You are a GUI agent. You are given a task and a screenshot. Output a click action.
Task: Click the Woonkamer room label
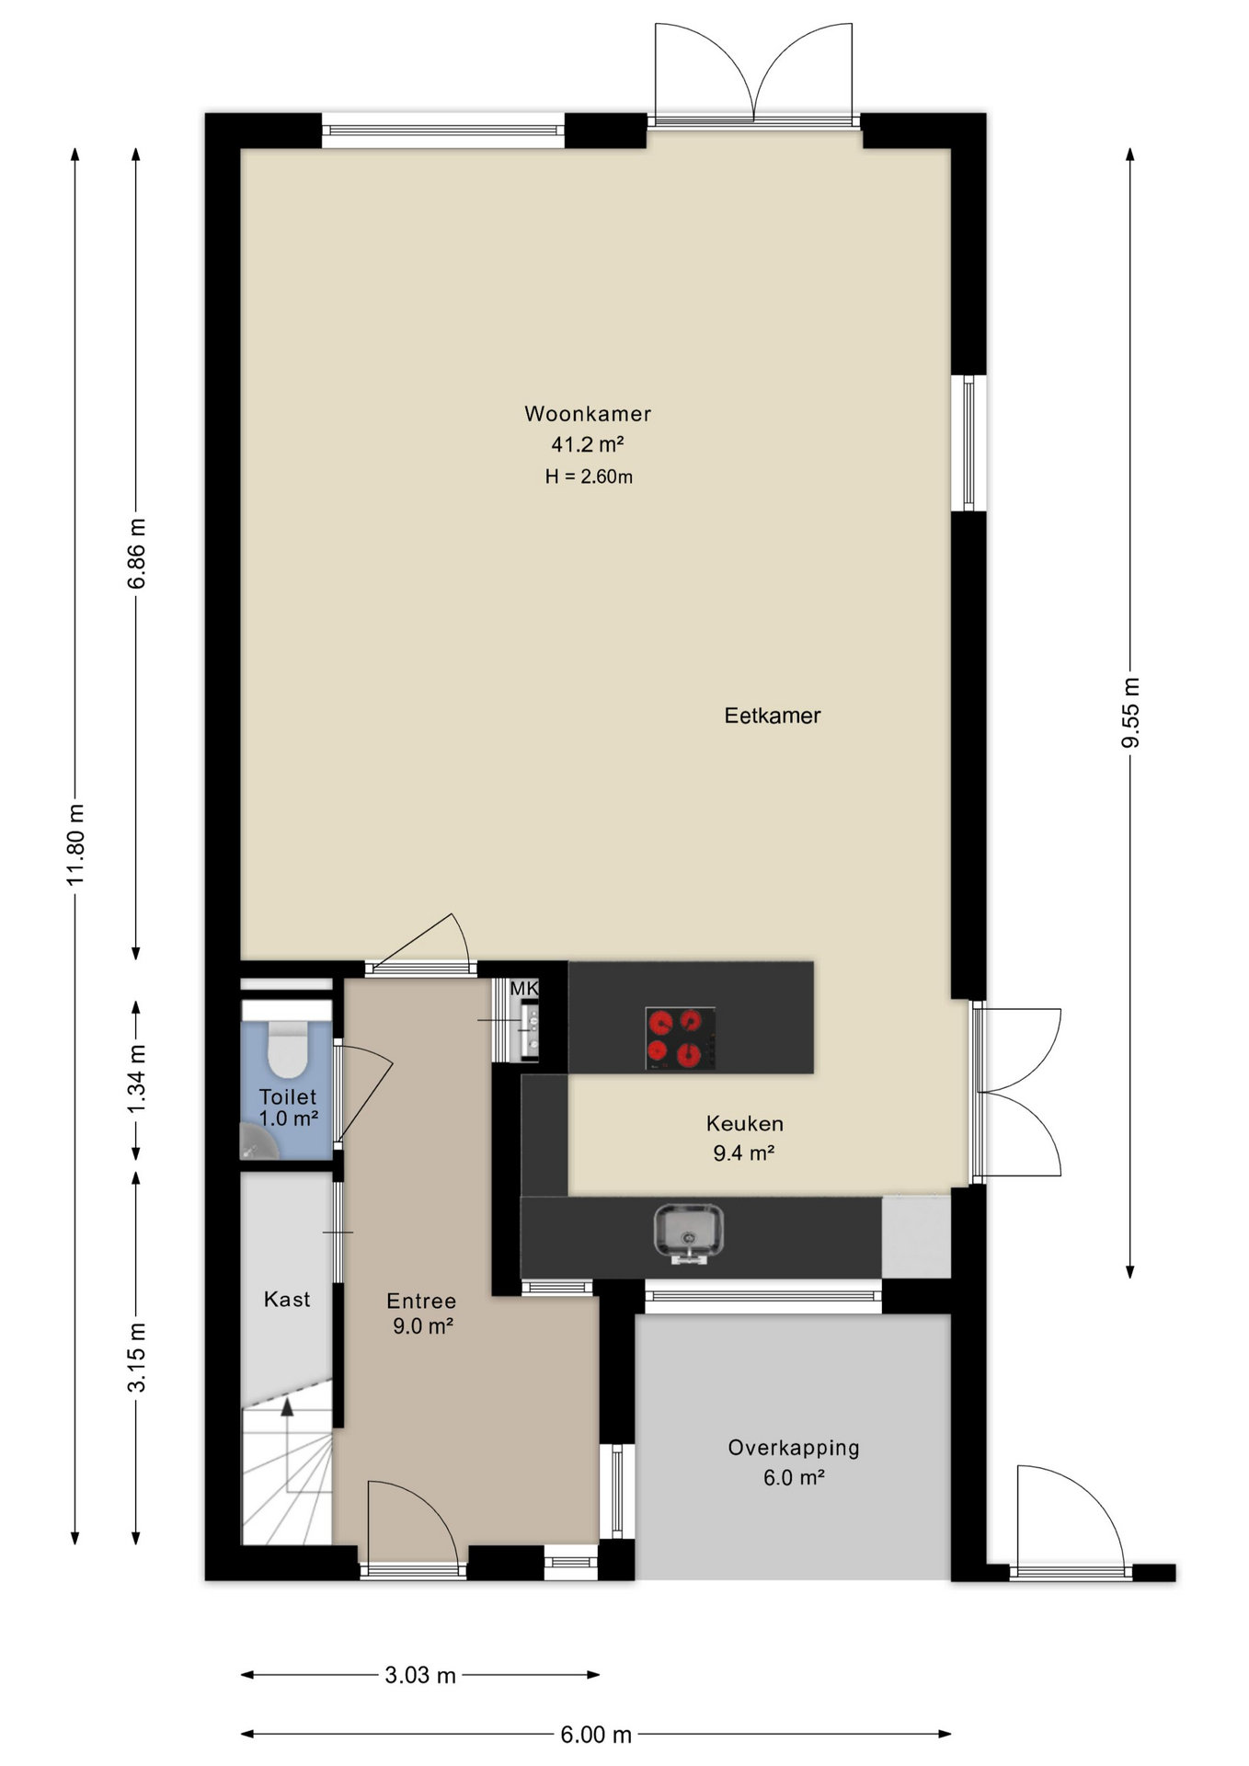[x=588, y=414]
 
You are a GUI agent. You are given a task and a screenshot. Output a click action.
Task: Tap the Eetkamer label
[x=773, y=716]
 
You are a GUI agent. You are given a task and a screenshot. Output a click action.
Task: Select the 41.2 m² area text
[x=588, y=444]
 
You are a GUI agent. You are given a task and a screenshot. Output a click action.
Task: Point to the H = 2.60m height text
[x=589, y=476]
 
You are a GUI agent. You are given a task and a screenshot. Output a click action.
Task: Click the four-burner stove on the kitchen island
[x=681, y=1038]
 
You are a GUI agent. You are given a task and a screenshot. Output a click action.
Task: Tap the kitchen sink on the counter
[x=689, y=1233]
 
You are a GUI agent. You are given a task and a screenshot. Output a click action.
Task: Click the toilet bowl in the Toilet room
[x=287, y=1049]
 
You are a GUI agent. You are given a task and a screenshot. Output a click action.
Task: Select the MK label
[x=523, y=988]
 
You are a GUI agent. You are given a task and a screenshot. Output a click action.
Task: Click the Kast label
[x=287, y=1299]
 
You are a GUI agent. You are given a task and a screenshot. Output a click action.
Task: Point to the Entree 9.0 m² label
[x=422, y=1313]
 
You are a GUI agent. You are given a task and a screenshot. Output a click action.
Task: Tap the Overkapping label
[x=794, y=1448]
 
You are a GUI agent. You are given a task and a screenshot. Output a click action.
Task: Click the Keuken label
[x=745, y=1123]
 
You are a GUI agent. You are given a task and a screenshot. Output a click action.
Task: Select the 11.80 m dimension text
[x=75, y=843]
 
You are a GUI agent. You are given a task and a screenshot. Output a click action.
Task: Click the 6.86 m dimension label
[x=136, y=554]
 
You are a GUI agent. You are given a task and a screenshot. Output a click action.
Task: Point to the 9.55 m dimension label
[x=1130, y=713]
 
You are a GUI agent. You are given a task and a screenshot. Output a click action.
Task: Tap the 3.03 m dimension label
[x=420, y=1675]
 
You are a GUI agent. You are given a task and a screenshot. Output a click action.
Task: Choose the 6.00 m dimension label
[x=596, y=1735]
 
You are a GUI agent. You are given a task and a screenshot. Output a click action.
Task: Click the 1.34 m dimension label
[x=136, y=1078]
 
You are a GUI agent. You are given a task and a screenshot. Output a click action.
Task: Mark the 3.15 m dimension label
[x=136, y=1357]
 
